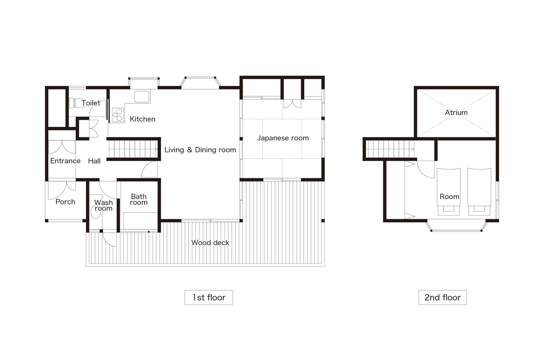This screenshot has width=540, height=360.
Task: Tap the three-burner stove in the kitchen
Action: pos(118,115)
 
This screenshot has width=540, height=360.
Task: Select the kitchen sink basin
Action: pos(142,97)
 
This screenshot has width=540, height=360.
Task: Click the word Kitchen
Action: pos(143,119)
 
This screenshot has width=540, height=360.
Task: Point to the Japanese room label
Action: pos(283,138)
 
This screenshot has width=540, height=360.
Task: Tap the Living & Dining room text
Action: pos(200,150)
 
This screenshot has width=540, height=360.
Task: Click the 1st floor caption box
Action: pos(209,297)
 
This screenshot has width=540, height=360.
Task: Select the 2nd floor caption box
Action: pos(443,297)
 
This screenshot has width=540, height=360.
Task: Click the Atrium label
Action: pos(456,112)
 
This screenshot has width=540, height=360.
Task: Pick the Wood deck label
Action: pos(210,243)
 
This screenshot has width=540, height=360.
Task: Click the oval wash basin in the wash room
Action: pos(95,212)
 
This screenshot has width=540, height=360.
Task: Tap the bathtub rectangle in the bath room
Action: pos(140,220)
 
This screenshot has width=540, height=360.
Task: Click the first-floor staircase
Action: pos(133,149)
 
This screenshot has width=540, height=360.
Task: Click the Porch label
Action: pos(65,202)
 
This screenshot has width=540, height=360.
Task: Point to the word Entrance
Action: pos(65,161)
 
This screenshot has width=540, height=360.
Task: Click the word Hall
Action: pos(94,161)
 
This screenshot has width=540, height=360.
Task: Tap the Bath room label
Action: pos(139,199)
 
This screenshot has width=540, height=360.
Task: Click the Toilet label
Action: pos(91,103)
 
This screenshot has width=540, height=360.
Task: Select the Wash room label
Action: pos(103,205)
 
